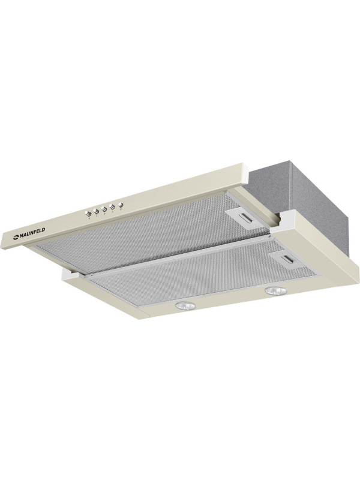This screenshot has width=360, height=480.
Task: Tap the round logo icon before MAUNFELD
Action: click(16, 236)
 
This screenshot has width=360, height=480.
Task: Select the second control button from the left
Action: click(95, 211)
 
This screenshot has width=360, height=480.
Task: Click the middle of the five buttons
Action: click(104, 209)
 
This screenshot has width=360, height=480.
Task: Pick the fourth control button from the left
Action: click(112, 206)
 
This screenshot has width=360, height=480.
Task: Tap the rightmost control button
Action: click(121, 205)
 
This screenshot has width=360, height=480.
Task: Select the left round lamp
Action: click(185, 305)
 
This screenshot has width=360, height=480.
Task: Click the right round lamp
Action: click(275, 290)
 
